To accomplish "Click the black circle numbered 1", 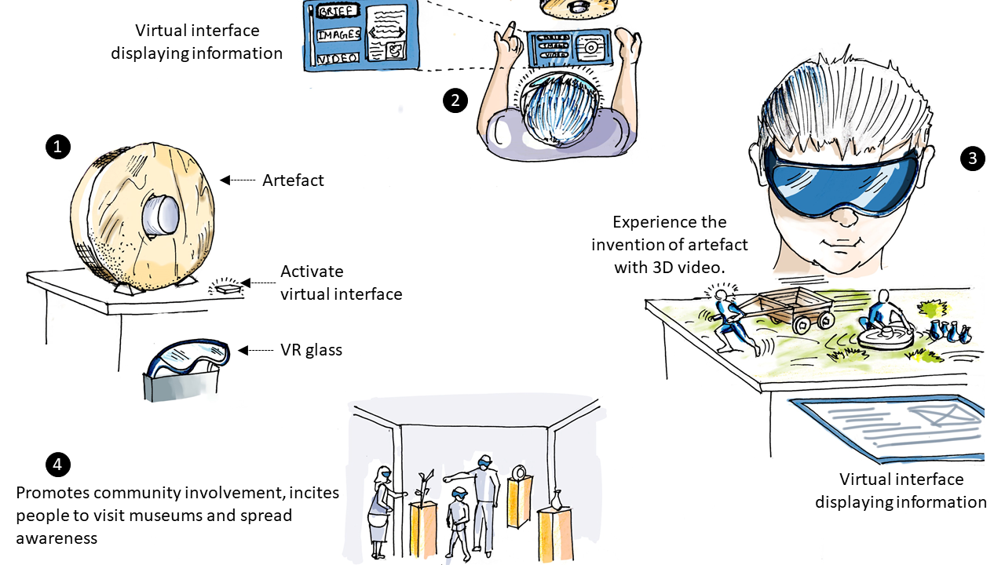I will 58,146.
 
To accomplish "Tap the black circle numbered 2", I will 455,100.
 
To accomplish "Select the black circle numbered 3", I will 973,159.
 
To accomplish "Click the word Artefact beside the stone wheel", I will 293,180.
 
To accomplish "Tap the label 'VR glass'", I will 311,350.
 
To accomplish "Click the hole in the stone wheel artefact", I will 160,213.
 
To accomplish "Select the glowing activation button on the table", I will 225,288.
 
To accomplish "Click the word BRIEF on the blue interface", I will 336,11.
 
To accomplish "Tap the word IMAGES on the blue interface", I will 339,35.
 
